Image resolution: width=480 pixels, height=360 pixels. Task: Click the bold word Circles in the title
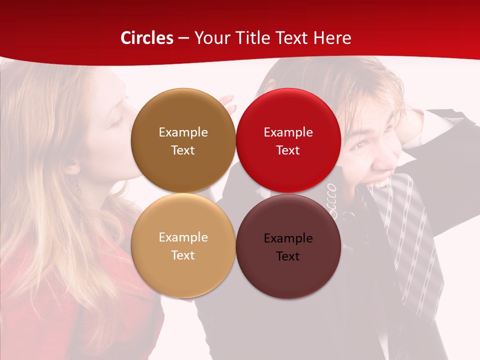pyautogui.click(x=147, y=38)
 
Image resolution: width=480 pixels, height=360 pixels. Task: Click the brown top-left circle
pyautogui.click(x=183, y=140)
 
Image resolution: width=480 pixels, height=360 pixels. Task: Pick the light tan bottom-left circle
pyautogui.click(x=183, y=245)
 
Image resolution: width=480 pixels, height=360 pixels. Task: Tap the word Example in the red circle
pyautogui.click(x=288, y=132)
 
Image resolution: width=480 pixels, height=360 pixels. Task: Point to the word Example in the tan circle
pyautogui.click(x=183, y=237)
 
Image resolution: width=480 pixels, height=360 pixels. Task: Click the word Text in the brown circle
pyautogui.click(x=183, y=150)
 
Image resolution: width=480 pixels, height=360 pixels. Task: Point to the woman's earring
pyautogui.click(x=78, y=187)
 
